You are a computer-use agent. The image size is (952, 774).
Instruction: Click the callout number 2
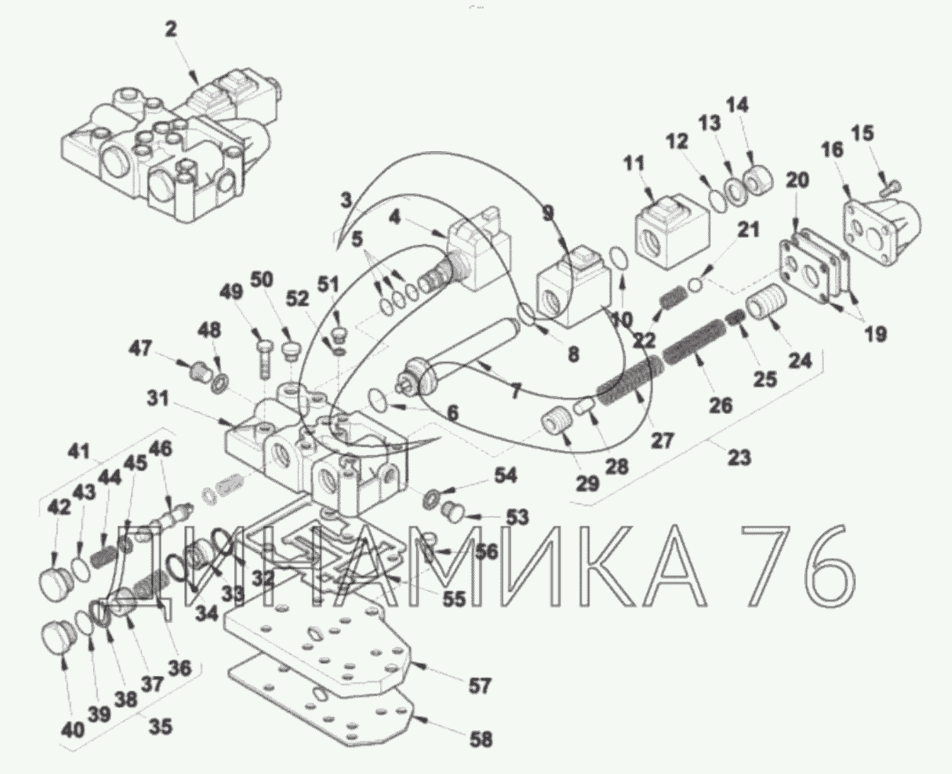(x=171, y=29)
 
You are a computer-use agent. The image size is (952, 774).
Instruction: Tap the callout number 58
(x=481, y=739)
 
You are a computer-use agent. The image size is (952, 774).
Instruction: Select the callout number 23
(x=739, y=457)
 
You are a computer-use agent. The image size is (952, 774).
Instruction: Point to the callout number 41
(x=79, y=450)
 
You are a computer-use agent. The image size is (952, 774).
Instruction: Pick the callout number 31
(x=158, y=399)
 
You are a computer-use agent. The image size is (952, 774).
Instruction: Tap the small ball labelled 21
(x=696, y=284)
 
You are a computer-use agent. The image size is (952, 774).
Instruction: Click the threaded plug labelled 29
(x=557, y=423)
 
